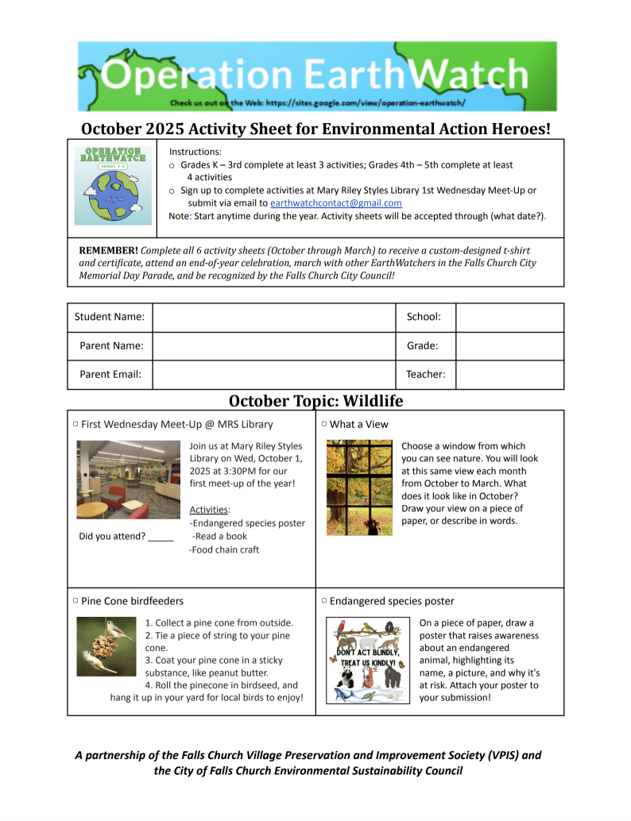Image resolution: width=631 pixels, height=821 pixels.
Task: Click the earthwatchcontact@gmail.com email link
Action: tap(335, 203)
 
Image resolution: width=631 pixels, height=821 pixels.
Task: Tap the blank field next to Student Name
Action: tap(273, 317)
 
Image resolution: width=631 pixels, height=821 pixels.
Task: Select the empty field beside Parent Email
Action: tap(273, 375)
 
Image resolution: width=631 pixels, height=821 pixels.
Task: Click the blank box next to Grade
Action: tap(509, 346)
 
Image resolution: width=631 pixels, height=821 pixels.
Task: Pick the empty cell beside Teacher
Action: tap(509, 375)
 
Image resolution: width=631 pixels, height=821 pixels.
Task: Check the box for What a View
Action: tap(324, 425)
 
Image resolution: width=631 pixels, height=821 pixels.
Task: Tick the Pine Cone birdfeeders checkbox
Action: tap(75, 602)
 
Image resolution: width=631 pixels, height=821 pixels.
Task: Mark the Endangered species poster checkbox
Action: tap(324, 602)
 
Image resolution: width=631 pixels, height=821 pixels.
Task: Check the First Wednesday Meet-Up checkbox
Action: tap(75, 425)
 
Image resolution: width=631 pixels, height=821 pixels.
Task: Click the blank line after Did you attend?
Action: tap(161, 537)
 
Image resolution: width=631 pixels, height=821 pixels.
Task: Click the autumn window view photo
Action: tap(359, 487)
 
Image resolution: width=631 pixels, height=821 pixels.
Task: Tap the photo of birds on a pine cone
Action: tap(106, 646)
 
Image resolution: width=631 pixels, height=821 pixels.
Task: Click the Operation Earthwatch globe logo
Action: tap(113, 186)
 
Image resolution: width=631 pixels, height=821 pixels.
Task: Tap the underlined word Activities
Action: tap(209, 510)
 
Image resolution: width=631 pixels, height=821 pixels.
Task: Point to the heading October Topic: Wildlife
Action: tap(315, 400)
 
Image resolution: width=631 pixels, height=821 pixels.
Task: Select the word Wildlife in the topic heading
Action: tap(370, 400)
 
